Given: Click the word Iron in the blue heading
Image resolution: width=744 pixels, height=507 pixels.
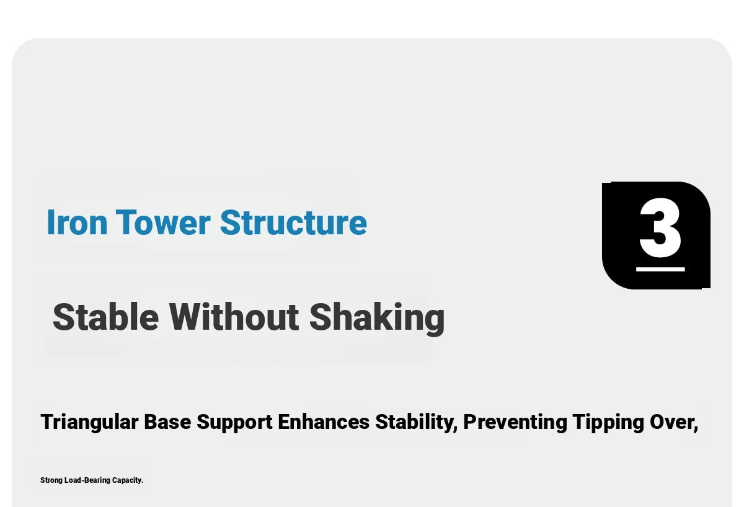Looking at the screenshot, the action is (77, 222).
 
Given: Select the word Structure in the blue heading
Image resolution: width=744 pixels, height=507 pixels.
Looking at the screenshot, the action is (293, 222).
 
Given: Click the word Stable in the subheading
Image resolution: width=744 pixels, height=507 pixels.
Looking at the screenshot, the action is (105, 317).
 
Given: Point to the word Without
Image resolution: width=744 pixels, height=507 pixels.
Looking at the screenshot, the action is (234, 317).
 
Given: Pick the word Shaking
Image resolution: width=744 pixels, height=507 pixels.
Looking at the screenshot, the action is (377, 319).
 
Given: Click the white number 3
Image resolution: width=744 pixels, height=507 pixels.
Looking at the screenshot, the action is (660, 227).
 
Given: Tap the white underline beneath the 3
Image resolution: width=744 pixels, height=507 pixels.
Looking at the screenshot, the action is (660, 269).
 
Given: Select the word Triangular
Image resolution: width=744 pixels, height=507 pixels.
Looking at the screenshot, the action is (89, 422).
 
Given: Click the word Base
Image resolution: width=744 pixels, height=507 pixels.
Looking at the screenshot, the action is (167, 421).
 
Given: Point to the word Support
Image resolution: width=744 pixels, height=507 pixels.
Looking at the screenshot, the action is (234, 423).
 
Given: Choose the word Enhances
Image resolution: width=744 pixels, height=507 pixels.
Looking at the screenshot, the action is (324, 421).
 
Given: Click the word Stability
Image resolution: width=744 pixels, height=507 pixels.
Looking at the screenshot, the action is (417, 423).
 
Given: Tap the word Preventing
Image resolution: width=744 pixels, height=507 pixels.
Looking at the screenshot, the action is (515, 423).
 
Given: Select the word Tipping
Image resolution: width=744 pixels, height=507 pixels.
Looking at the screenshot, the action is (608, 423).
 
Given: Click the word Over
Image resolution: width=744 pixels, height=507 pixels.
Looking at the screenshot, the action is (674, 422).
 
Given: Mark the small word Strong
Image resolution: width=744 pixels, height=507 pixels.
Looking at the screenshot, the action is (51, 480).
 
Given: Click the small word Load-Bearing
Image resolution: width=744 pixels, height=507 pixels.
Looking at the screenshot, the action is (87, 480).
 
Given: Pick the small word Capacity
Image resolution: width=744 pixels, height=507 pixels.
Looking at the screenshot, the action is (128, 480).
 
